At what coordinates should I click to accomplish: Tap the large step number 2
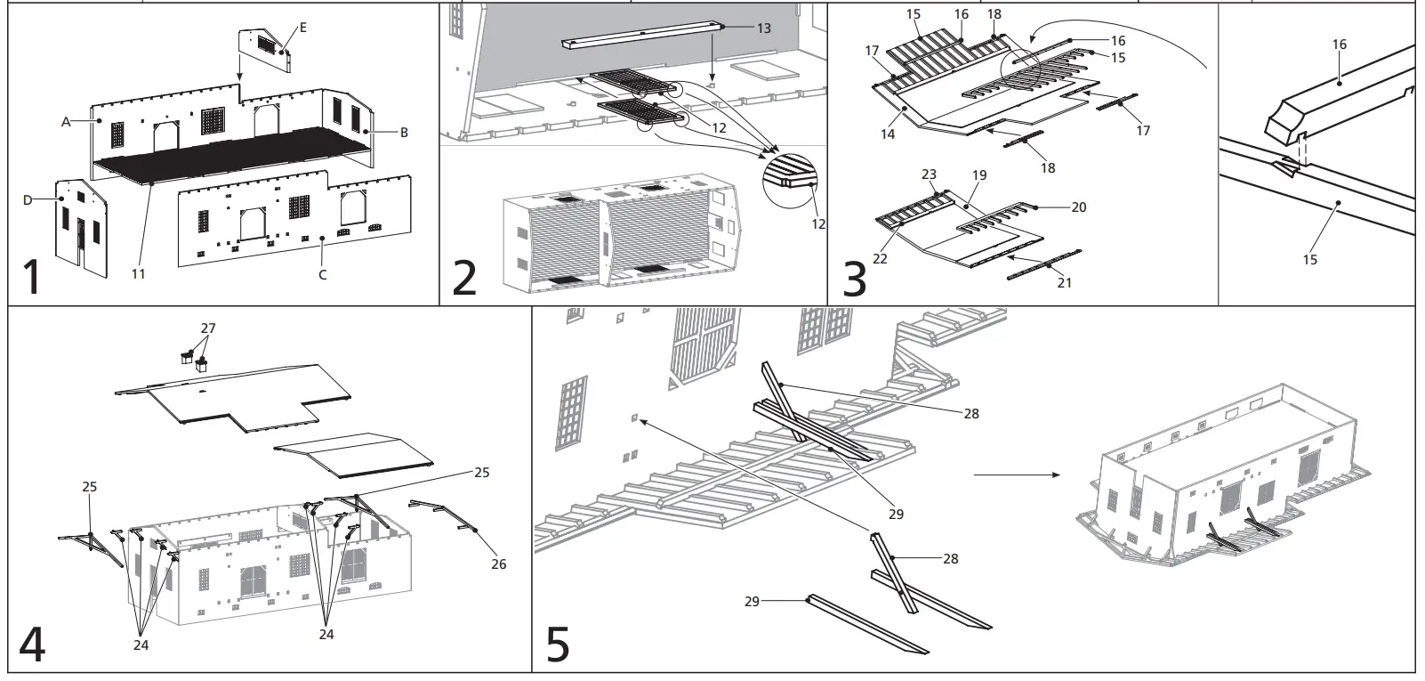click(x=465, y=277)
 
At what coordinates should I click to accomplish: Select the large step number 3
click(x=853, y=277)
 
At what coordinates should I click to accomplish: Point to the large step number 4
click(x=32, y=645)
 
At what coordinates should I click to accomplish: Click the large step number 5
click(x=557, y=645)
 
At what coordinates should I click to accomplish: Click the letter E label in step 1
click(x=302, y=28)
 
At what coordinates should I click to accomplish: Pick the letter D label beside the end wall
click(x=27, y=200)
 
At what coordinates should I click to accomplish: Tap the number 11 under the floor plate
click(x=138, y=274)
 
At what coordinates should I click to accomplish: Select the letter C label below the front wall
click(x=322, y=275)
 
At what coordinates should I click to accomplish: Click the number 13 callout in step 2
click(x=763, y=28)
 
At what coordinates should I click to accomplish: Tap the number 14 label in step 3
click(x=889, y=134)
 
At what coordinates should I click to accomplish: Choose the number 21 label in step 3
click(x=1064, y=282)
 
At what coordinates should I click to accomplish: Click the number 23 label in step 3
click(x=930, y=175)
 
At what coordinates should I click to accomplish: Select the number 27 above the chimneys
click(x=207, y=328)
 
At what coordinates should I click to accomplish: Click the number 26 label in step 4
click(x=498, y=564)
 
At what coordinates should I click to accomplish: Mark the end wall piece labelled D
click(x=82, y=223)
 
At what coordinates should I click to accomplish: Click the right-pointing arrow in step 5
click(x=1017, y=474)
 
